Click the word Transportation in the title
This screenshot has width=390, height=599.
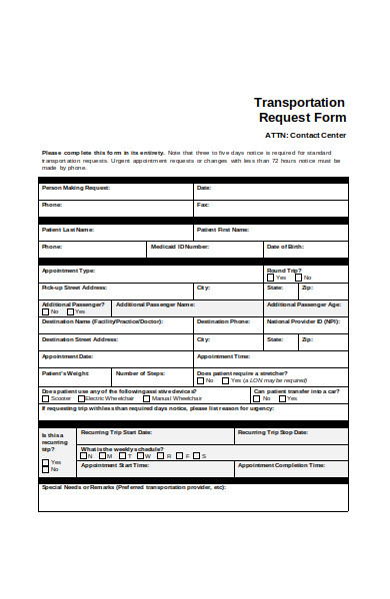tap(299, 102)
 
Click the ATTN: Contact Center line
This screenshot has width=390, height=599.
tap(305, 134)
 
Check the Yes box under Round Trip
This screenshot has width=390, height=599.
tap(270, 278)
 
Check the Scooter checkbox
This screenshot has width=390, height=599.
tap(45, 397)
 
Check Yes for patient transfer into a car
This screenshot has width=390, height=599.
tap(257, 397)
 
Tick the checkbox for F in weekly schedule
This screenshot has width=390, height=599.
tap(185, 455)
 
